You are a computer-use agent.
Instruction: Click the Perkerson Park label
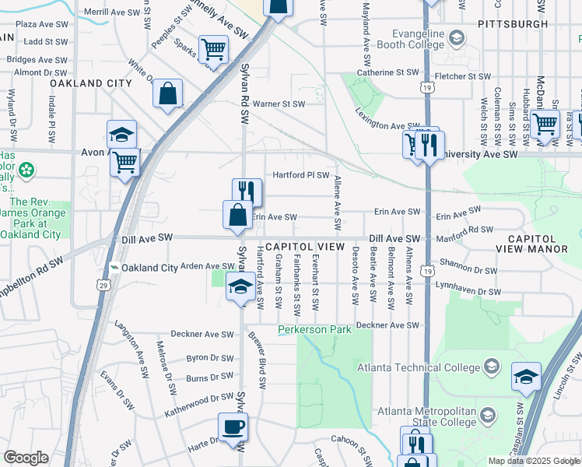(315, 330)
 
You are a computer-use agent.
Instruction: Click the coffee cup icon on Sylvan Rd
(233, 427)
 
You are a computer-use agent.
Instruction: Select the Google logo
(26, 458)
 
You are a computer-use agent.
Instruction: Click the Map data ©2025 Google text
(534, 461)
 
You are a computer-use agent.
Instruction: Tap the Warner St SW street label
(278, 103)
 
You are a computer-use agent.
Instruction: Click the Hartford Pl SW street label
(300, 175)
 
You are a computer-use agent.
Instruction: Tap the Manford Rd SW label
(465, 230)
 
